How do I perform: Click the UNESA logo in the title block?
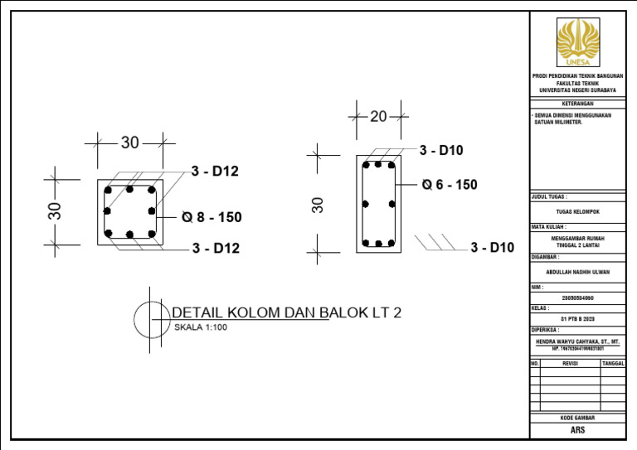(x=577, y=41)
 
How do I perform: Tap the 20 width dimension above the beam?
(x=378, y=117)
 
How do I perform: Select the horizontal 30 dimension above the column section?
(x=130, y=143)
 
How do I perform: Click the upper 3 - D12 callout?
(x=215, y=172)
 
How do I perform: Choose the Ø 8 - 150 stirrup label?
(x=212, y=218)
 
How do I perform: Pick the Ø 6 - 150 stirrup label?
(x=450, y=185)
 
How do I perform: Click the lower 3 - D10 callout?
(x=492, y=247)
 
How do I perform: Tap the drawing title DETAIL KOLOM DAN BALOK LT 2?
(x=286, y=312)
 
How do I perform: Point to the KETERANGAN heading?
(x=577, y=104)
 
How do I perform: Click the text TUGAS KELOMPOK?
(x=577, y=211)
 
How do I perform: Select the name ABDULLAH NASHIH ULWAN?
(x=577, y=271)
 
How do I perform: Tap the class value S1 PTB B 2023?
(x=577, y=318)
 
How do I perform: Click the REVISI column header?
(x=570, y=363)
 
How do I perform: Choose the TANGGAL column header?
(x=613, y=363)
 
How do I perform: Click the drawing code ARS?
(x=577, y=431)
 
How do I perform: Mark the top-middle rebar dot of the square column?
(x=129, y=190)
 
